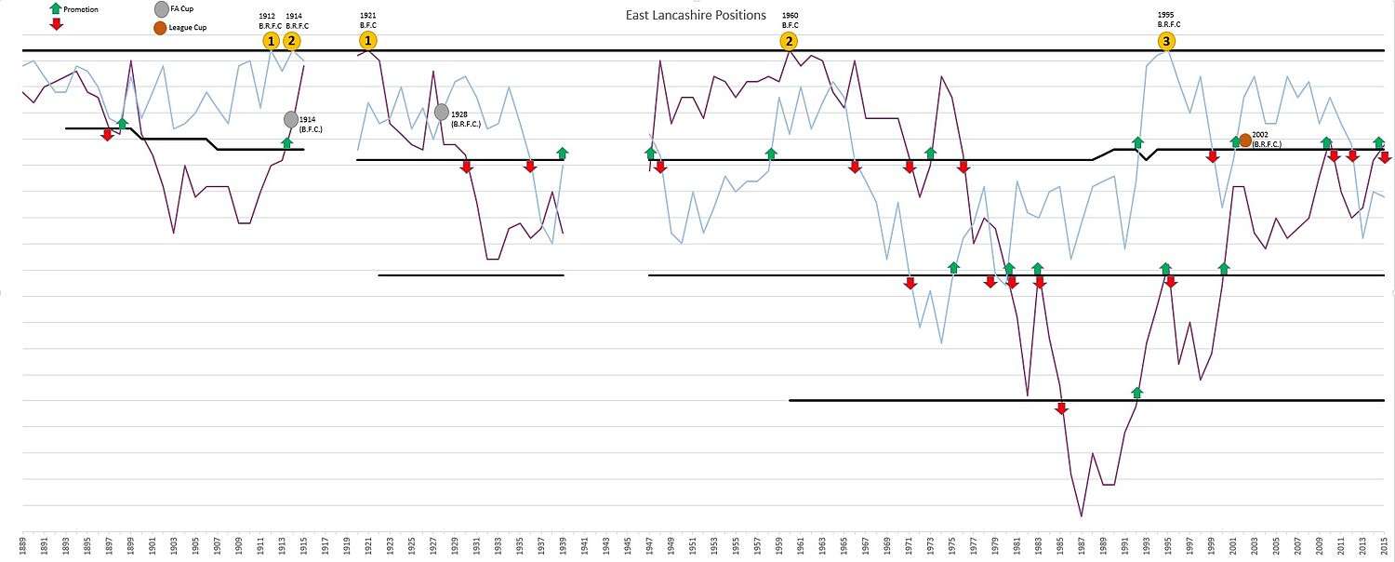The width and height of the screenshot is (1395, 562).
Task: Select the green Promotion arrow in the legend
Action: pos(57,9)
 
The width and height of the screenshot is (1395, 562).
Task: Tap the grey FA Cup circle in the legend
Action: pos(162,9)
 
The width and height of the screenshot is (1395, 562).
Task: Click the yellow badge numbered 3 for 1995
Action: pos(1166,41)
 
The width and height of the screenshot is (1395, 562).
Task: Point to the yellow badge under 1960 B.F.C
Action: pos(789,41)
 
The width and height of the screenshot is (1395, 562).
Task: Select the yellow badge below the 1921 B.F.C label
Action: pos(369,41)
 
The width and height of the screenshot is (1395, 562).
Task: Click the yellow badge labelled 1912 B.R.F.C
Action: pos(271,41)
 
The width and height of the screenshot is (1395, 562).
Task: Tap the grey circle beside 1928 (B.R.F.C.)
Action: pos(442,112)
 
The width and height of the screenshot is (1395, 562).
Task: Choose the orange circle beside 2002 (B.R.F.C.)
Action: pos(1245,140)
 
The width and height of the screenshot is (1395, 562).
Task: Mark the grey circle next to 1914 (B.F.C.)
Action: pos(291,119)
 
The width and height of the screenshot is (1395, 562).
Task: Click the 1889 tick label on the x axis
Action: pos(22,545)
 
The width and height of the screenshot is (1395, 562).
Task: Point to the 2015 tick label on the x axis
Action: pos(1385,545)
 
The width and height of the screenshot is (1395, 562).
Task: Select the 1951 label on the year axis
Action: pos(693,545)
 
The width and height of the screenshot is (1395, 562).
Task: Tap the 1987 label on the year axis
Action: pos(1082,545)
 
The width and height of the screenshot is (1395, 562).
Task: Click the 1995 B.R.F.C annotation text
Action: pos(1168,20)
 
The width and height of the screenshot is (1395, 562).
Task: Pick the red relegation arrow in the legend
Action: pos(57,24)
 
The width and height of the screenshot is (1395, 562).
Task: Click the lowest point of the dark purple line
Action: pos(1081,516)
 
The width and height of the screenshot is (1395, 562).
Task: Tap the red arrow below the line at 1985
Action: pos(1061,408)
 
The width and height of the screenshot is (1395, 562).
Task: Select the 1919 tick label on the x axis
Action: pos(347,545)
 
